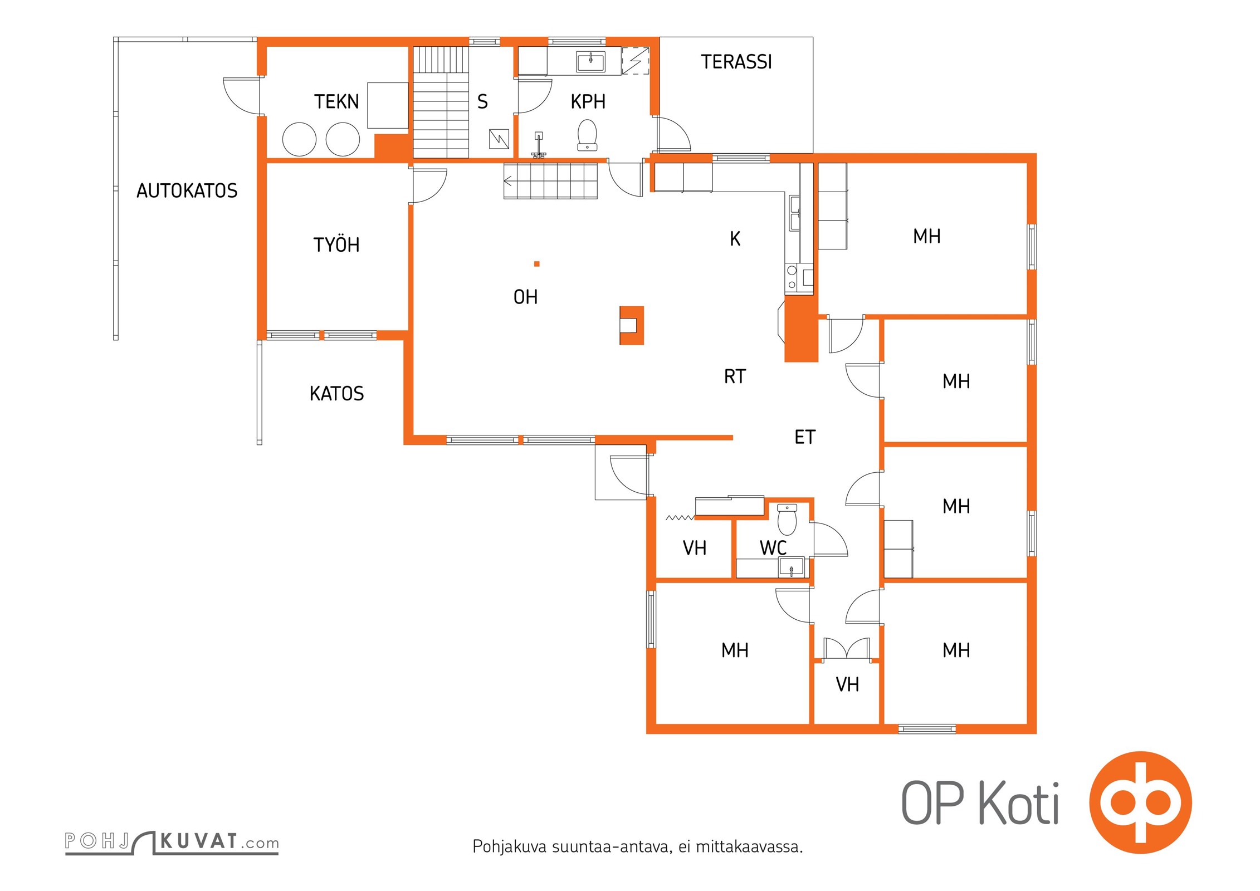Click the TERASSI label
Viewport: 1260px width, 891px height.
coord(736,62)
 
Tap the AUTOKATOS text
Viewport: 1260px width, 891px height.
coord(187,191)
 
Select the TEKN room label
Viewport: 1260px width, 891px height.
coord(336,102)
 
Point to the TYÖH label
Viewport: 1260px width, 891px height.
coord(336,245)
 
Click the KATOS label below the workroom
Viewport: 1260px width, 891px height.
coord(336,394)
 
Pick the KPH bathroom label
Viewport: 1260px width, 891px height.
coord(588,102)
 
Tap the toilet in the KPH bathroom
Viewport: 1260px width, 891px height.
coord(587,135)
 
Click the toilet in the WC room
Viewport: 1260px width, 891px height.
coord(787,520)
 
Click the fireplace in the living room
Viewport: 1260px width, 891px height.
coord(632,325)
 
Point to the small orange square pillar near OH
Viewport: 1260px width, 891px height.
coord(537,264)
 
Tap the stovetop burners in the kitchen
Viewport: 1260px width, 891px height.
coord(792,277)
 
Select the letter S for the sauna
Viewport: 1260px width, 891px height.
coord(482,102)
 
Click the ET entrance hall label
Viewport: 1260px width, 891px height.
coord(805,437)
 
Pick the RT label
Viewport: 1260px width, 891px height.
coord(735,377)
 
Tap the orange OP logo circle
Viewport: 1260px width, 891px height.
coord(1140,802)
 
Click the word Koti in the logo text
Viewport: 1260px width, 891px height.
coord(1019,802)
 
